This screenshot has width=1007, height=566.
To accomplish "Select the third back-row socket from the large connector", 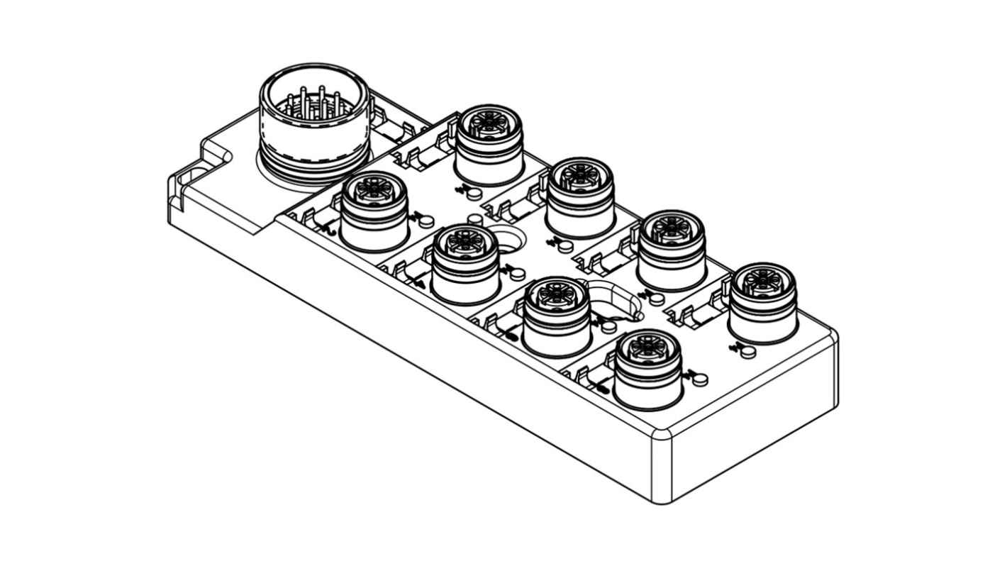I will point(671,248).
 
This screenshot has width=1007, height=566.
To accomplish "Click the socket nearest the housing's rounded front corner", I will point(647,370).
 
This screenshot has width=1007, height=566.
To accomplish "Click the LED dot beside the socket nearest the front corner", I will point(700,379).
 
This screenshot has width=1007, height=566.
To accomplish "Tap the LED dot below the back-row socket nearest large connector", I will point(475,194).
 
